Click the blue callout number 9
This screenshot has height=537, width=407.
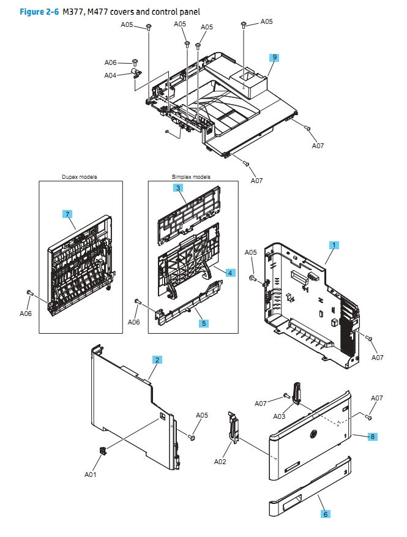(275, 57)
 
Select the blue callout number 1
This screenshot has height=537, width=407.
(334, 244)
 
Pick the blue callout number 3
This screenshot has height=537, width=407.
(178, 188)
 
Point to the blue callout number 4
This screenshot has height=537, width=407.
(230, 272)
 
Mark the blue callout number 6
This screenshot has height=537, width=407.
(326, 514)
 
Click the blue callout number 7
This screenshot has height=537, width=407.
(68, 214)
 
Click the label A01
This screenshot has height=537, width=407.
(91, 474)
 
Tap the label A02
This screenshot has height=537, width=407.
(220, 462)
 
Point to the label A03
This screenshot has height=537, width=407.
(279, 416)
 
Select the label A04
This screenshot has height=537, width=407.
(110, 75)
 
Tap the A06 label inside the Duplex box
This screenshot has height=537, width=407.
(26, 313)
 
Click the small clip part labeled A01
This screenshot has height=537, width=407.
(102, 450)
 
